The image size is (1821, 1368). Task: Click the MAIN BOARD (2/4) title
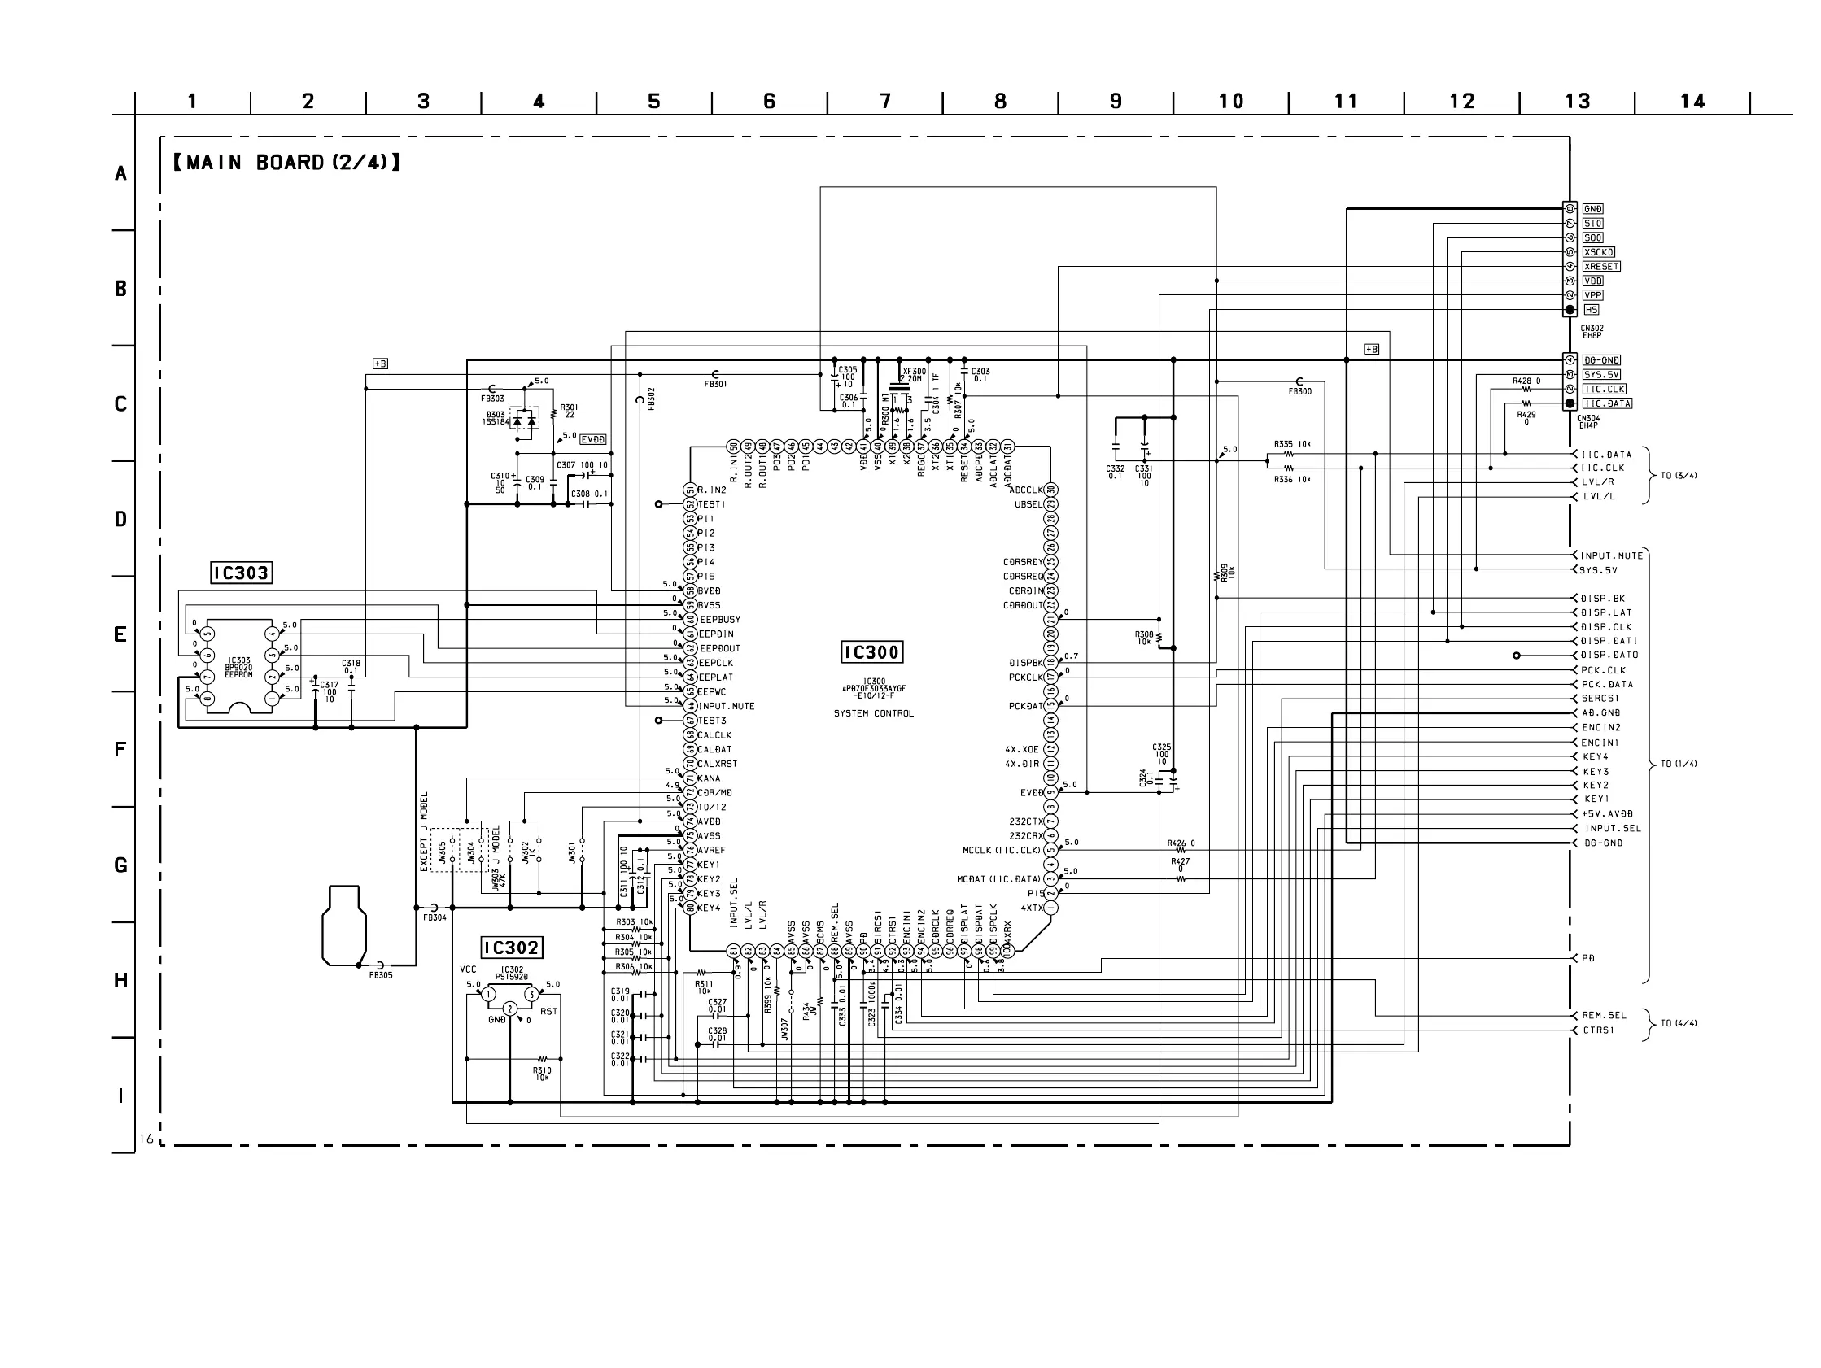pos(286,162)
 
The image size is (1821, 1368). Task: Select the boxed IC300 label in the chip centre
pos(871,653)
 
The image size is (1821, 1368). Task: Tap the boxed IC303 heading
pos(240,573)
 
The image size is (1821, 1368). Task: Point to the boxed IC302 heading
pos(511,948)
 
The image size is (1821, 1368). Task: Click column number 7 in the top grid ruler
pos(885,101)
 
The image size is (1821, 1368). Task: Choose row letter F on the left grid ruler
pos(120,750)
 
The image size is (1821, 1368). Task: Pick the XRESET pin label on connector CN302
pos(1601,267)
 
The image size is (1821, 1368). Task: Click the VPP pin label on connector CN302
pos(1593,295)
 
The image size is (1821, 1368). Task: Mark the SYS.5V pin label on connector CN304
pos(1601,374)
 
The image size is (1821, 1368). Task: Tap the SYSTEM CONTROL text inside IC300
pos(873,713)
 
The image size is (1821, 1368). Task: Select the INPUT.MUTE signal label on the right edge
pos(1611,555)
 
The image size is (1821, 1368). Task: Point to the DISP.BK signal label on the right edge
pos(1603,599)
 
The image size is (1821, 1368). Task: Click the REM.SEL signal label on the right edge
pos(1604,1015)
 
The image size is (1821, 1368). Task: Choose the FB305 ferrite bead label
pos(380,975)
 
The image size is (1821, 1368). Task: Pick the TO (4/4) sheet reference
pos(1679,1023)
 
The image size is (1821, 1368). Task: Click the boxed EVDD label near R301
pos(592,439)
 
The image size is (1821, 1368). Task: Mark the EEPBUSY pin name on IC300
pos(720,620)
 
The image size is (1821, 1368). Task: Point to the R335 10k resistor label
pos(1292,444)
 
